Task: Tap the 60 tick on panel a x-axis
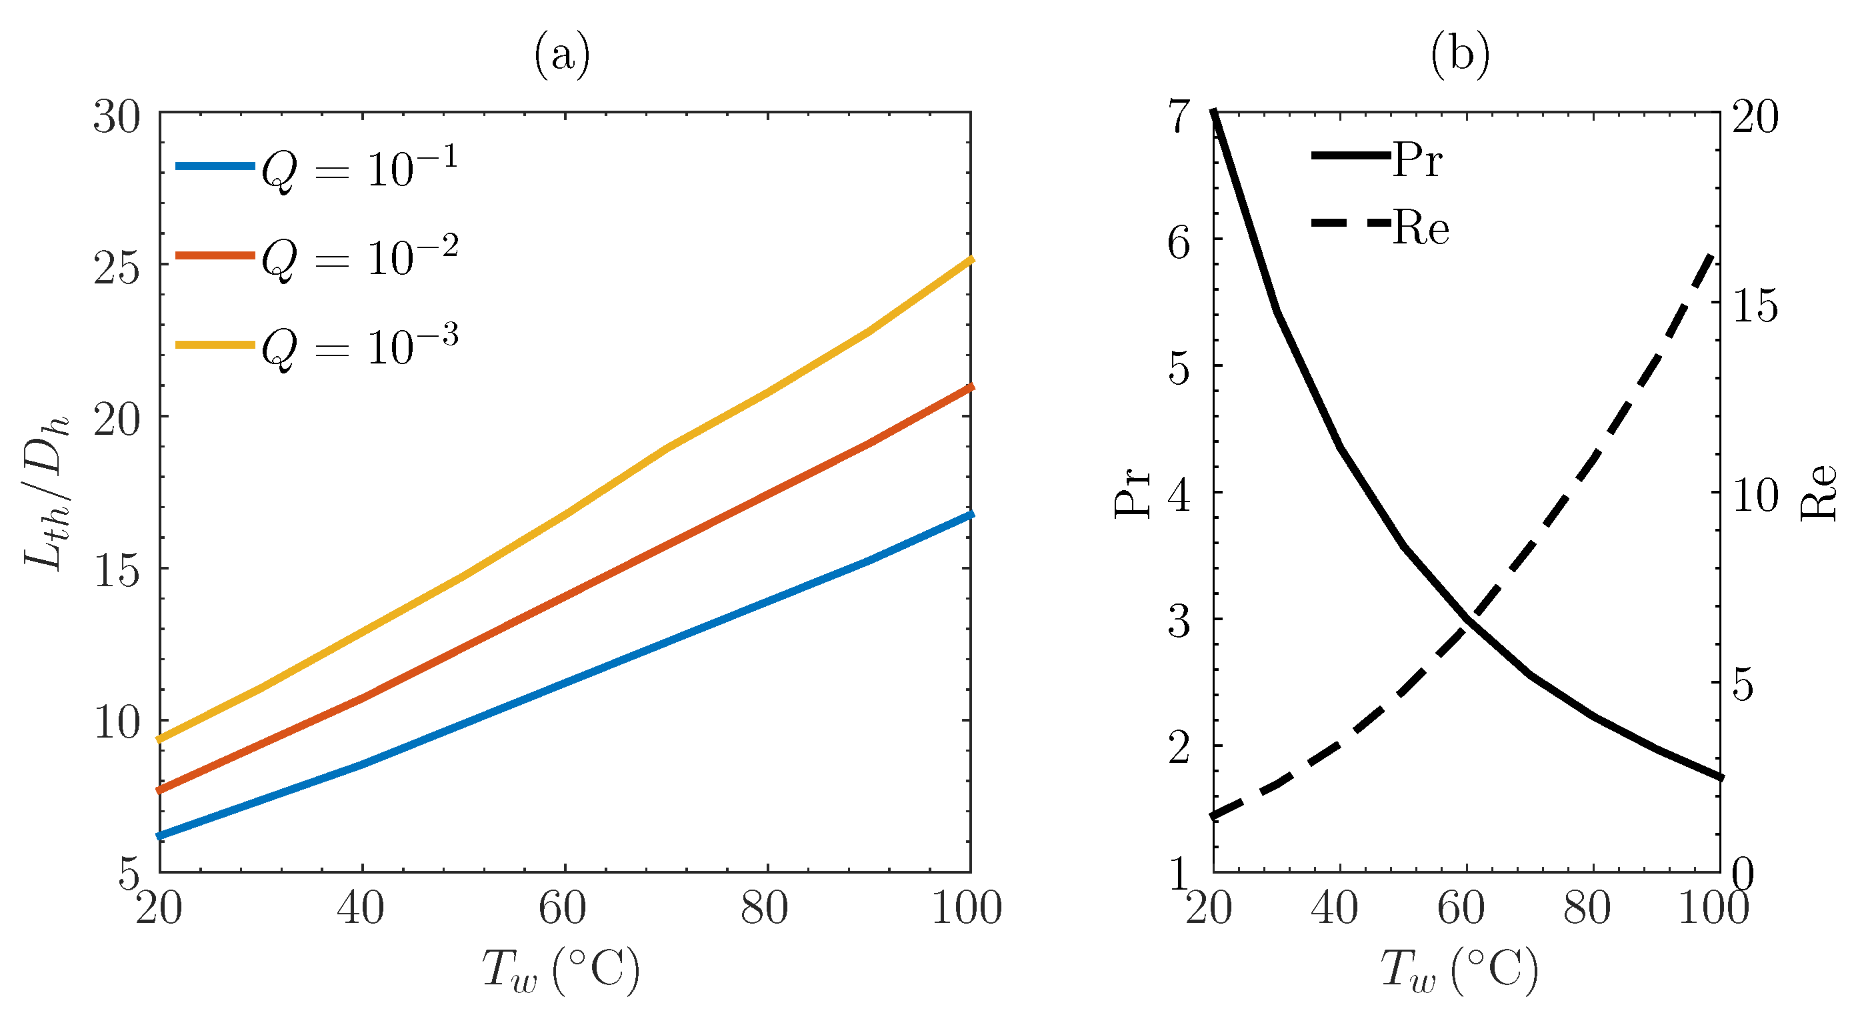(562, 908)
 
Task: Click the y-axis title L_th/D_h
(48, 492)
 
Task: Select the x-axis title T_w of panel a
(561, 970)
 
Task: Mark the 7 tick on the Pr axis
(1180, 116)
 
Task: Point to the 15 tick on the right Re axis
(1754, 305)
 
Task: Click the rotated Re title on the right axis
(1819, 492)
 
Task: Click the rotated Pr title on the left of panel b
(1132, 492)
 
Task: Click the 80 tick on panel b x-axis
(1587, 908)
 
